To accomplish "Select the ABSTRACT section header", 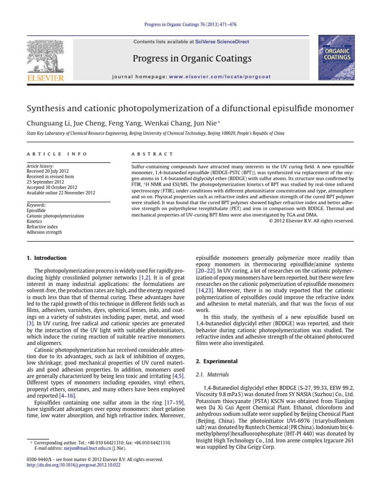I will (152, 154).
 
